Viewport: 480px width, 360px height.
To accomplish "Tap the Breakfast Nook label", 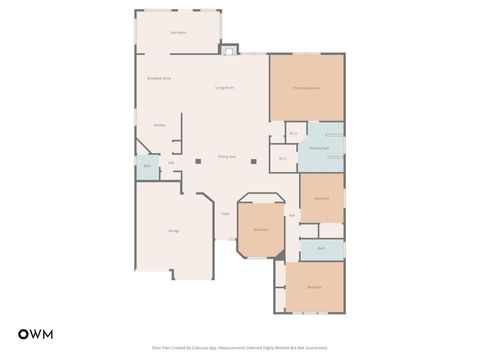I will (x=158, y=77).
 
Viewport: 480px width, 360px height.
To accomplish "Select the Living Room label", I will (x=224, y=88).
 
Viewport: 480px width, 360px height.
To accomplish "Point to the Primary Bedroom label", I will (x=306, y=88).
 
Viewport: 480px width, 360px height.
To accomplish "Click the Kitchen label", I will (x=159, y=125).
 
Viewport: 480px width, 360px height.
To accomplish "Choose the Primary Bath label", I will (x=319, y=148).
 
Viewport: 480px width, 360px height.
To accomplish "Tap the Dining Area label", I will (x=227, y=157).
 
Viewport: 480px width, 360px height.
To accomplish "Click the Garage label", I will (x=174, y=231).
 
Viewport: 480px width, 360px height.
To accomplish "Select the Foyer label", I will (x=225, y=213).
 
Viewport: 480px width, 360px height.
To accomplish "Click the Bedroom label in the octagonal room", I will (x=261, y=230).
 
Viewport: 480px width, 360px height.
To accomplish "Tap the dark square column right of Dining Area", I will (x=255, y=159).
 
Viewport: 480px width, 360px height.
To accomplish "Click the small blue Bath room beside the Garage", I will (x=147, y=166).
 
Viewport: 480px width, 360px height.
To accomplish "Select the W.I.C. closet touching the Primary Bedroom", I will (x=293, y=133).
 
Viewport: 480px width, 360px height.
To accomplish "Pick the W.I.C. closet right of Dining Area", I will (x=283, y=158).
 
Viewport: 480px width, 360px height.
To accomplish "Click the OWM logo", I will (x=36, y=333).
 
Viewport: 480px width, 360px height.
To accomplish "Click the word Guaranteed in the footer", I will (x=317, y=349).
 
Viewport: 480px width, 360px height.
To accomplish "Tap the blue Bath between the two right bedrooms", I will (x=321, y=248).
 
